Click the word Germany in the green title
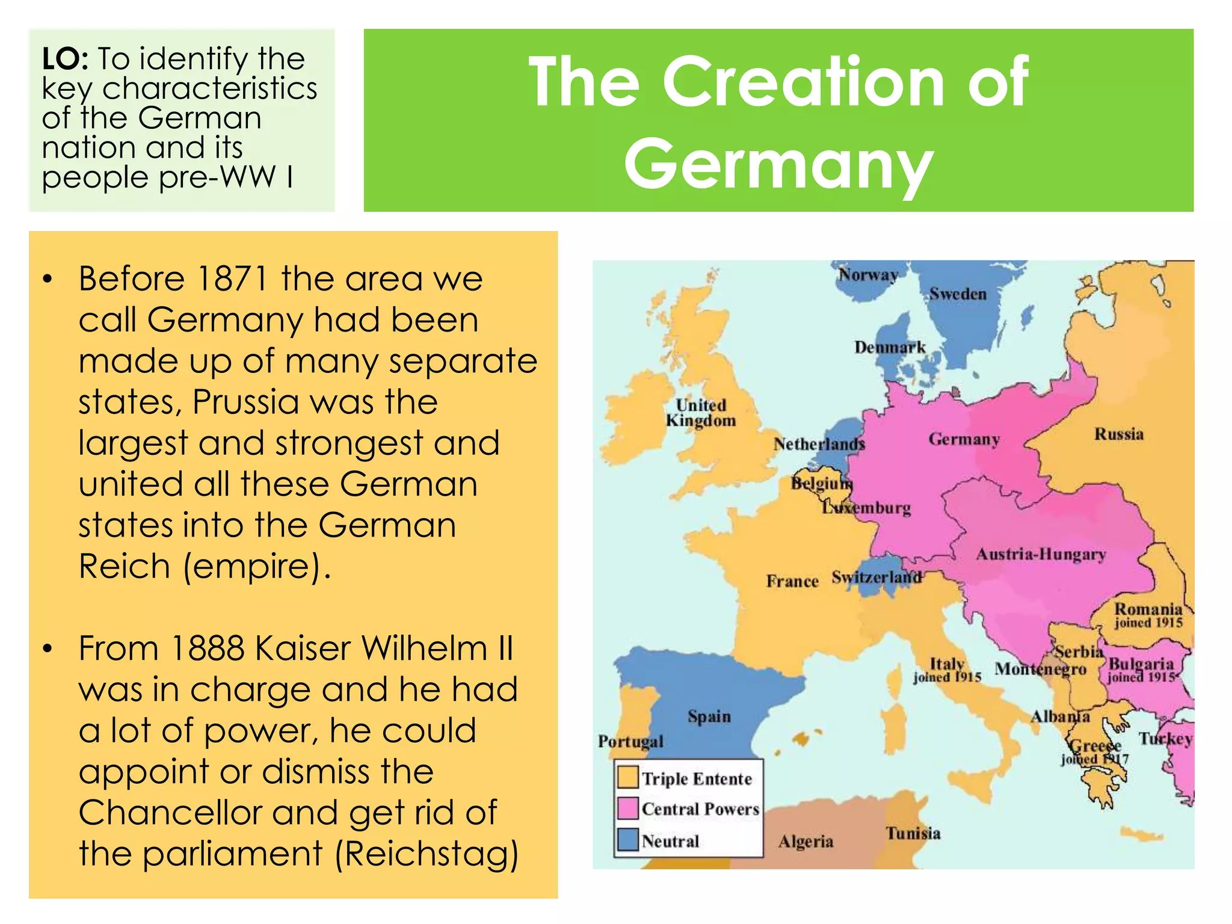pyautogui.click(x=778, y=164)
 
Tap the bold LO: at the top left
pyautogui.click(x=66, y=60)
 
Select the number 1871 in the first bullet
pyautogui.click(x=232, y=279)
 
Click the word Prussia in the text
pyautogui.click(x=245, y=402)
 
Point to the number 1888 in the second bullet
pyautogui.click(x=207, y=648)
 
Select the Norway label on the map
pyautogui.click(x=868, y=275)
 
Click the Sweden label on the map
pyautogui.click(x=958, y=294)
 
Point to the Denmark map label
pyautogui.click(x=890, y=348)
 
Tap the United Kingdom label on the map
pyautogui.click(x=701, y=413)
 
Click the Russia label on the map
pyautogui.click(x=1118, y=434)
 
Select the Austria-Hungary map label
pyautogui.click(x=1041, y=554)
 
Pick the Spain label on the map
pyautogui.click(x=709, y=716)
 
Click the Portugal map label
pyautogui.click(x=630, y=741)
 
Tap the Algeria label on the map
pyautogui.click(x=805, y=841)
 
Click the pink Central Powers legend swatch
pyautogui.click(x=628, y=808)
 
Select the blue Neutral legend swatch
pyautogui.click(x=628, y=840)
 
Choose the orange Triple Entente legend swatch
pyautogui.click(x=628, y=777)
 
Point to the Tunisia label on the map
pyautogui.click(x=913, y=833)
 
